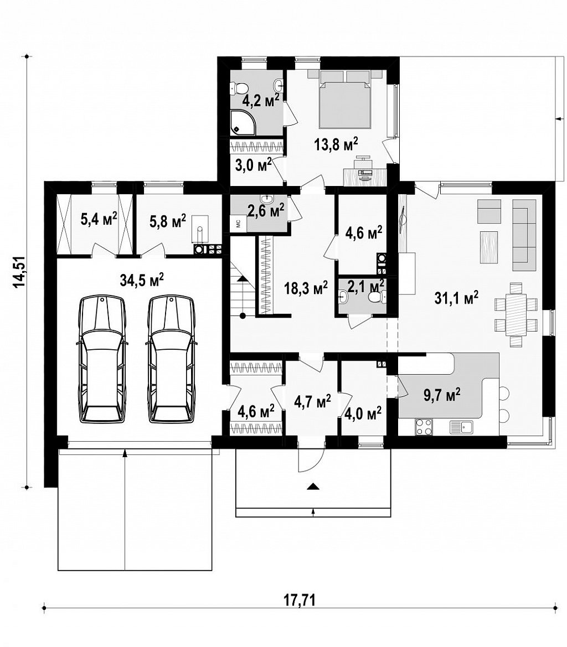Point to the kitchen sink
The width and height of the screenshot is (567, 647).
[x=462, y=427]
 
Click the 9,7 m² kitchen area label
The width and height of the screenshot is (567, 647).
[x=441, y=395]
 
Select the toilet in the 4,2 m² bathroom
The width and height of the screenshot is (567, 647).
[x=239, y=87]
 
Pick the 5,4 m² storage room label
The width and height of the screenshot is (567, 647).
[x=98, y=219]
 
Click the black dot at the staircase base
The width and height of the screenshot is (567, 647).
[x=243, y=316]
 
